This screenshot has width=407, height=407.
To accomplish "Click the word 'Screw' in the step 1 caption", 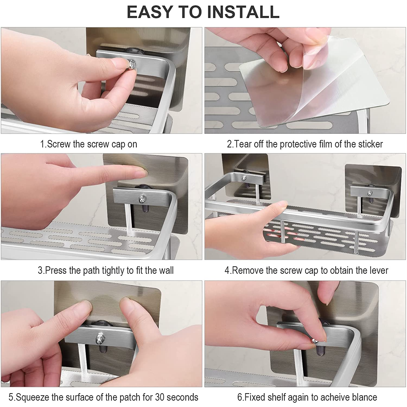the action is coord(59,144).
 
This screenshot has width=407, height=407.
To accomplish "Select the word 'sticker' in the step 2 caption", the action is coord(370,144).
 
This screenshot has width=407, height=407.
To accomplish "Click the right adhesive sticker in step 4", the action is coord(373,190).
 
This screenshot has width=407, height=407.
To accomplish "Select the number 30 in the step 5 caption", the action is coord(160,397).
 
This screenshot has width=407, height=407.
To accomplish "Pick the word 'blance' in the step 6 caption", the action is coord(364,397).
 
